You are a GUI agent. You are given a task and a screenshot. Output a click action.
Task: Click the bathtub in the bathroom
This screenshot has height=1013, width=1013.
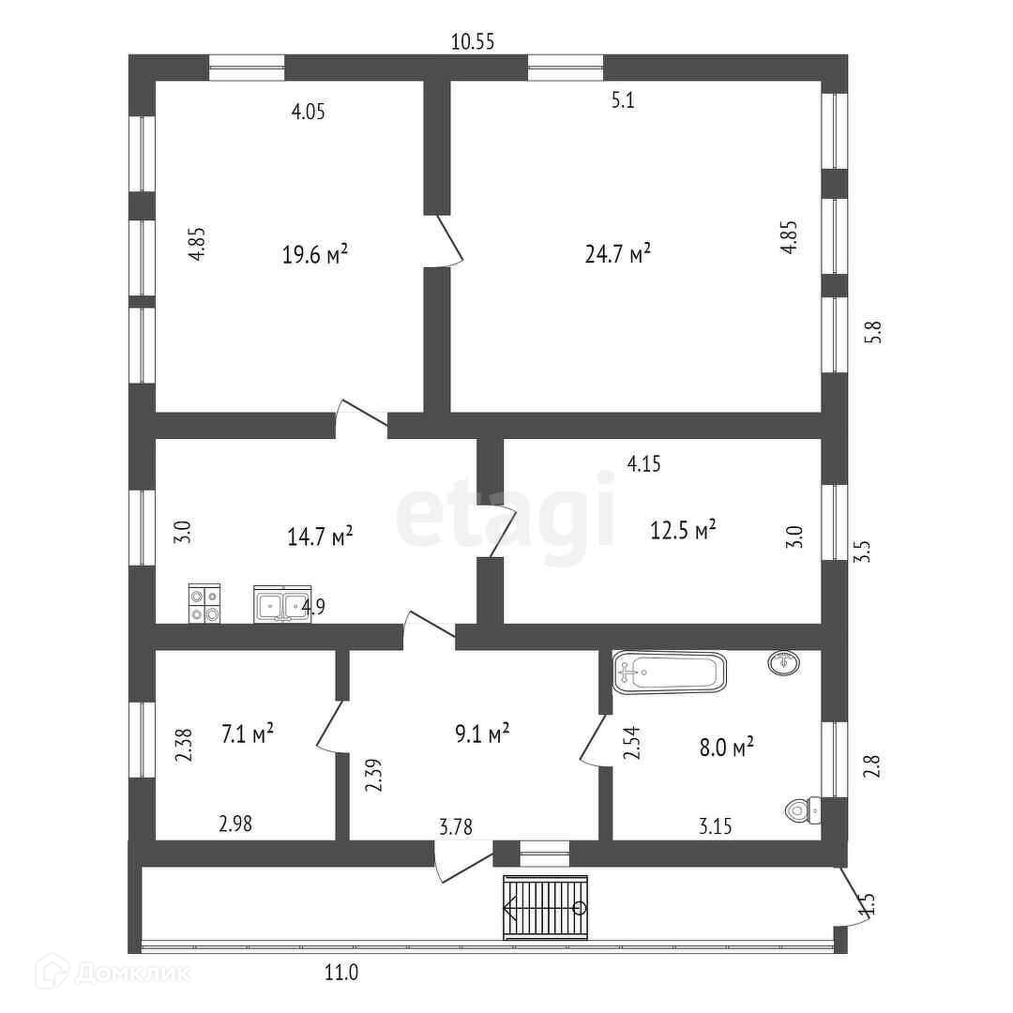click(670, 673)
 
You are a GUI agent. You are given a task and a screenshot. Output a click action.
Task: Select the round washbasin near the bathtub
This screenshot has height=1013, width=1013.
click(784, 663)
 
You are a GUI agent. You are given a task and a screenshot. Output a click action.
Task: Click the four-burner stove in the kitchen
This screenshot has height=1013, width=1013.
click(204, 604)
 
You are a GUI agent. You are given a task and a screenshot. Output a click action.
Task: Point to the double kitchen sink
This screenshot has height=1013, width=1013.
click(281, 605)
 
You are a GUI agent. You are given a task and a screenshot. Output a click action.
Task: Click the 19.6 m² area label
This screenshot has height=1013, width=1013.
click(315, 254)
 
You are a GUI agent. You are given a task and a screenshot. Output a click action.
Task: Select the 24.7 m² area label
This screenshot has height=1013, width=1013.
click(618, 254)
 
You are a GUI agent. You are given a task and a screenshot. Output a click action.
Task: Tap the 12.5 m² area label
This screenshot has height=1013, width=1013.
click(684, 530)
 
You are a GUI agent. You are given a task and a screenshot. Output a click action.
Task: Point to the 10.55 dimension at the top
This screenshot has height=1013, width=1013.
click(473, 41)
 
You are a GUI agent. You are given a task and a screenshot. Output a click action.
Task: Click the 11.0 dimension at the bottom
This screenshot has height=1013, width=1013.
click(341, 973)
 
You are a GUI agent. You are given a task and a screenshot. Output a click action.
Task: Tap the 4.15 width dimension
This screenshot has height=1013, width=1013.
click(645, 463)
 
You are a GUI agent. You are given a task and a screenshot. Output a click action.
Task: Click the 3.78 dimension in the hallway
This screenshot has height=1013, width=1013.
click(456, 826)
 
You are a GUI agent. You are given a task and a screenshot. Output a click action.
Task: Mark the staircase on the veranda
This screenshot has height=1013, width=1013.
click(546, 907)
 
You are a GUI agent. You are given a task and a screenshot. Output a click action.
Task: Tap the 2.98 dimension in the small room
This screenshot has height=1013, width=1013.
click(235, 824)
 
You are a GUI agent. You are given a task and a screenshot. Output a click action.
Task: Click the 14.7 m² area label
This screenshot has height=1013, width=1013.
click(320, 536)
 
